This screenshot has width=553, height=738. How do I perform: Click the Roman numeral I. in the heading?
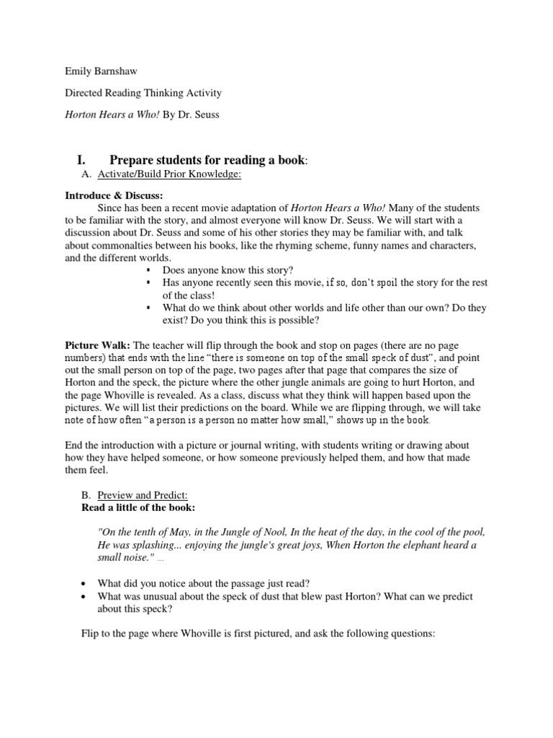[x=82, y=159]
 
